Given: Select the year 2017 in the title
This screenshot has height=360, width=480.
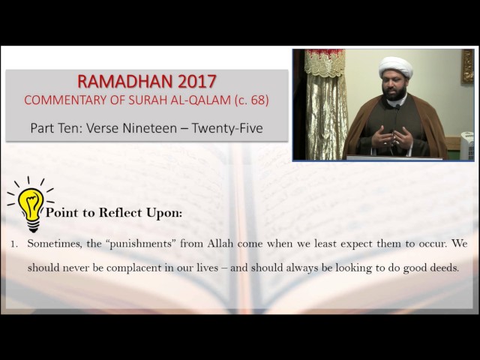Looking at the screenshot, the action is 196,82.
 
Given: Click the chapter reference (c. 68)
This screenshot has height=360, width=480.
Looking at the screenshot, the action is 252,100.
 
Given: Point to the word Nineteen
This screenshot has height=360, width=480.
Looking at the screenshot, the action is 150,128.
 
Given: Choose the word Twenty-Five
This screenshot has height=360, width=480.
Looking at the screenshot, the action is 227,128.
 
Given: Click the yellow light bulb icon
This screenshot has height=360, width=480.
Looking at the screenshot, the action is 30,204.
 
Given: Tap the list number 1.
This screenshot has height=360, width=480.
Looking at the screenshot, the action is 13,244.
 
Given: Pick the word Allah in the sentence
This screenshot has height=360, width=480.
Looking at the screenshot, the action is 220,243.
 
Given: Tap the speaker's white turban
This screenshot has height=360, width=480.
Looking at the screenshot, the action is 395,67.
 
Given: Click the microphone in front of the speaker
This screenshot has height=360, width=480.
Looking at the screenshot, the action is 395,128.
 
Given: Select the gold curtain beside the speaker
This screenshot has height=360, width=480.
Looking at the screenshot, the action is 325,104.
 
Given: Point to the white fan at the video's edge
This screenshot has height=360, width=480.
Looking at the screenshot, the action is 466,145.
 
